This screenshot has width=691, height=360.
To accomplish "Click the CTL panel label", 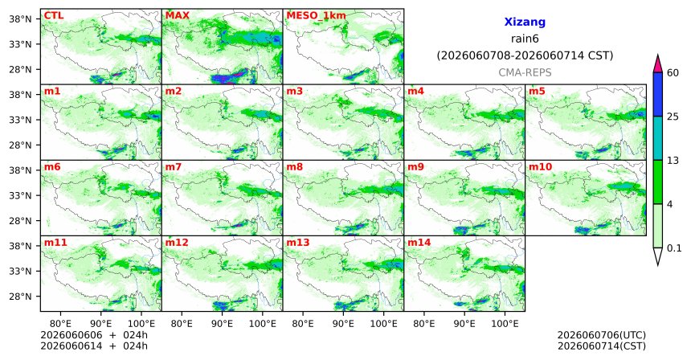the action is pyautogui.click(x=54, y=16).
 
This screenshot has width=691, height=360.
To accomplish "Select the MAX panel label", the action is pyautogui.click(x=177, y=16).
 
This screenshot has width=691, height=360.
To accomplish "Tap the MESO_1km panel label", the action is pyautogui.click(x=316, y=16).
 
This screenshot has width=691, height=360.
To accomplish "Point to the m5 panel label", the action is pyautogui.click(x=537, y=92).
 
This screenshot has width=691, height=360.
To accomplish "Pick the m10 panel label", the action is pyautogui.click(x=540, y=167).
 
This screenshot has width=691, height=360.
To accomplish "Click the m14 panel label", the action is pyautogui.click(x=419, y=243).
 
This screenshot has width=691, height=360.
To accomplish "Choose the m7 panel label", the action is pyautogui.click(x=174, y=167).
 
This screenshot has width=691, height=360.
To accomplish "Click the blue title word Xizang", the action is pyautogui.click(x=525, y=22).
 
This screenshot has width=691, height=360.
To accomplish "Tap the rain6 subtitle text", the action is pyautogui.click(x=525, y=39).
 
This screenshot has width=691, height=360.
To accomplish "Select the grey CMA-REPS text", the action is pyautogui.click(x=525, y=72).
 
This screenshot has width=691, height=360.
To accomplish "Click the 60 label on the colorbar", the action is pyautogui.click(x=673, y=72).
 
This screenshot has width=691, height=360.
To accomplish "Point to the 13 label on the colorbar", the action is pyautogui.click(x=673, y=161).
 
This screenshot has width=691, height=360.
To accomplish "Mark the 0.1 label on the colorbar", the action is pyautogui.click(x=674, y=248).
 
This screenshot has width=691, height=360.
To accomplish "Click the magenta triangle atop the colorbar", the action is pyautogui.click(x=658, y=64).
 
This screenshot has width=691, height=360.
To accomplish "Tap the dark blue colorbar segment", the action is pyautogui.click(x=658, y=94).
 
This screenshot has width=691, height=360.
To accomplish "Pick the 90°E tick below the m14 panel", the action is pyautogui.click(x=464, y=325).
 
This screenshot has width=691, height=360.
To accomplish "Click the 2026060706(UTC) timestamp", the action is pyautogui.click(x=602, y=336).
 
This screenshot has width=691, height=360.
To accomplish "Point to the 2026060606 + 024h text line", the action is pyautogui.click(x=94, y=335).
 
